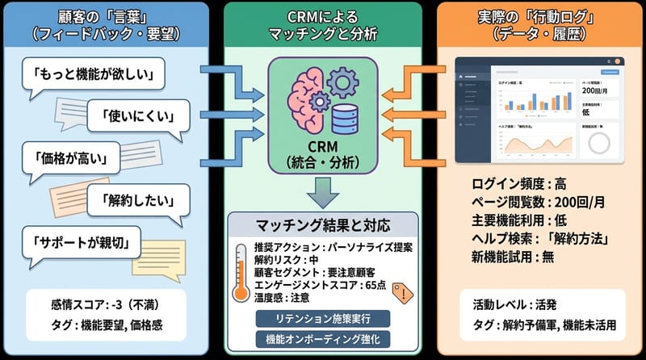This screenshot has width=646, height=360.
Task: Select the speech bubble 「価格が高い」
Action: (71, 155)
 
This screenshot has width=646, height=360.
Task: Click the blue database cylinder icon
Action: (346, 119)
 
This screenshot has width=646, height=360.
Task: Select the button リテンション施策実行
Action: (323, 318)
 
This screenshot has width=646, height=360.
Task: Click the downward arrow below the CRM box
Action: (323, 190)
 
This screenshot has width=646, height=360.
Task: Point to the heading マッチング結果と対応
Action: (323, 223)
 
